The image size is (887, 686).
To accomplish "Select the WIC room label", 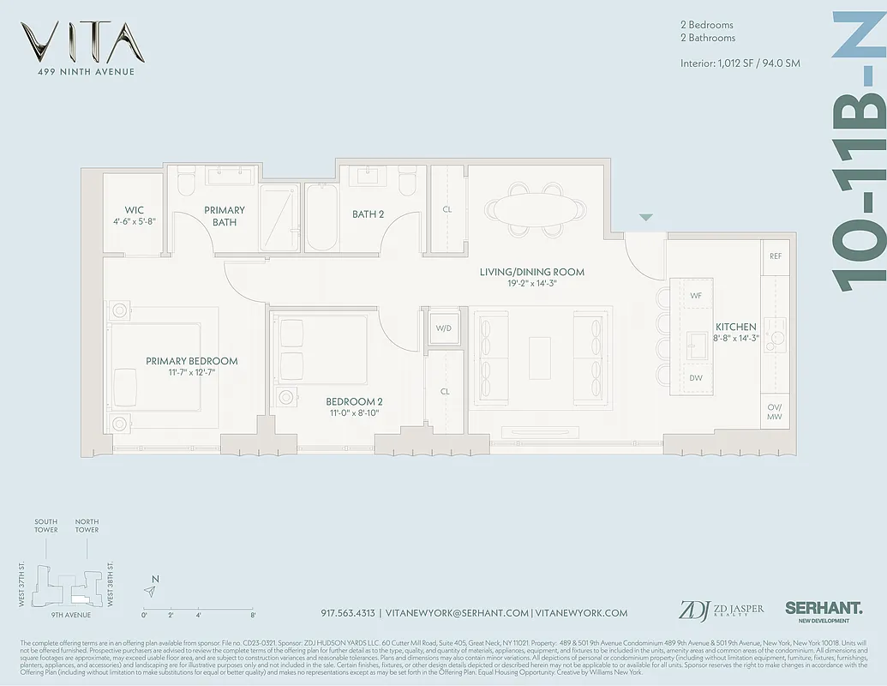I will pos(134,210).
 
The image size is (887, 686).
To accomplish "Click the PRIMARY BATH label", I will pos(225,216).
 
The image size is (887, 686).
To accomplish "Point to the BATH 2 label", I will pos(368,214).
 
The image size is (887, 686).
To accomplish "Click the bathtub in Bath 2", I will pos(322,218).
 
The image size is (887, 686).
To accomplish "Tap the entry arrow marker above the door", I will pos(646,218).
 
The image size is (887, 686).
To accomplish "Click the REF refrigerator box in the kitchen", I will pos(775,256).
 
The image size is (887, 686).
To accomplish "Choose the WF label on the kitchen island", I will pos(696,295).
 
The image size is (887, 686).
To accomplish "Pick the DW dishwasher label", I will pos(696,377).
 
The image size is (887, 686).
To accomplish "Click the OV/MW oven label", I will pos(775,412).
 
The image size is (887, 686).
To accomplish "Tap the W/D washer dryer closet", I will pos(443,328).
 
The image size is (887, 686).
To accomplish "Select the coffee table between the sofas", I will pos(540,358).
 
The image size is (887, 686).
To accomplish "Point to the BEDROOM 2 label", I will pos(354,401).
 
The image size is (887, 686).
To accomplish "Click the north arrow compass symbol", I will pos(151,590).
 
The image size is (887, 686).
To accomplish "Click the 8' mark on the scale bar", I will pos(253,615).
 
